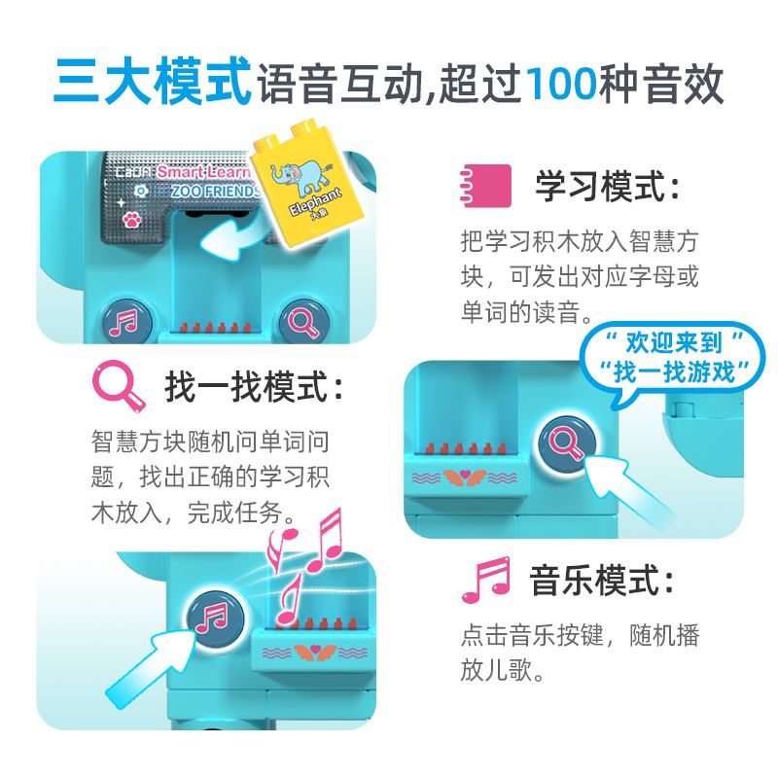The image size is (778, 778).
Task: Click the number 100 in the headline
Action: click(x=561, y=83)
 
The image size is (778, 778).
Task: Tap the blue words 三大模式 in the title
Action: click(x=153, y=82)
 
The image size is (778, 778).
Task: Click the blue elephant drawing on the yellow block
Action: click(x=301, y=177)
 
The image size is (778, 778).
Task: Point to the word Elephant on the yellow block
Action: click(x=315, y=201)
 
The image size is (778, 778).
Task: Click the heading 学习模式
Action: click(x=607, y=187)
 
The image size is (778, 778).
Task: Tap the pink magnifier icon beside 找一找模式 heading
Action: click(x=119, y=386)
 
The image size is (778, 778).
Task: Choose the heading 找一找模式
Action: click(x=254, y=386)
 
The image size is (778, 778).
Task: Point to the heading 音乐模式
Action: click(x=602, y=580)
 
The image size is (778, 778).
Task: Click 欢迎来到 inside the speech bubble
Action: click(x=673, y=342)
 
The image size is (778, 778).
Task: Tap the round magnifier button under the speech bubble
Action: click(x=567, y=443)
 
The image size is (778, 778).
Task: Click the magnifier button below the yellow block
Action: click(x=304, y=322)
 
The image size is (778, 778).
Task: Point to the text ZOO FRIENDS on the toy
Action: click(x=215, y=191)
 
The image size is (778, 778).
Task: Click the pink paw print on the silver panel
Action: click(x=131, y=220)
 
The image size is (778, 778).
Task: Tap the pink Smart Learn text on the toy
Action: click(x=203, y=172)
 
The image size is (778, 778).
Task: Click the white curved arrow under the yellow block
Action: click(x=233, y=237)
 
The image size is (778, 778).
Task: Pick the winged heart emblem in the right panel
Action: click(x=465, y=477)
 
